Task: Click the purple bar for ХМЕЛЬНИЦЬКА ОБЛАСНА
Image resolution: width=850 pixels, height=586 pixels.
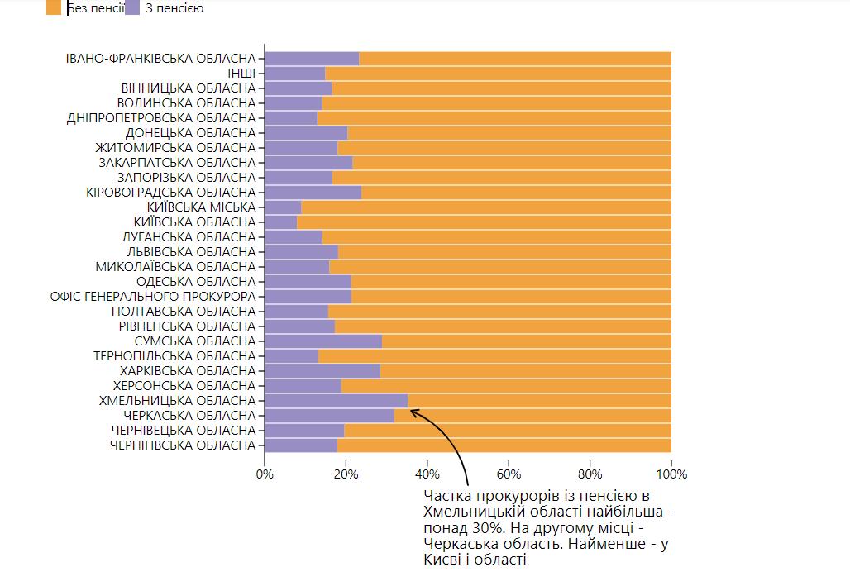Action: coord(336,401)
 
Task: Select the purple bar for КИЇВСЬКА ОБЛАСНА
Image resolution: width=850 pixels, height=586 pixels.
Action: coord(280,222)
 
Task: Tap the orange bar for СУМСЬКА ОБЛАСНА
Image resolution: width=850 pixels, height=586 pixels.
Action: coord(526,341)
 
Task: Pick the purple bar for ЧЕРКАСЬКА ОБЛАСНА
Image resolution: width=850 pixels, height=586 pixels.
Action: coord(329,416)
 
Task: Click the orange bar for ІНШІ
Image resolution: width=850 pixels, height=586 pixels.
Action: coord(498,74)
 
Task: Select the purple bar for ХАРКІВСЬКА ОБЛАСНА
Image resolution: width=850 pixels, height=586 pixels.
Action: coord(322,371)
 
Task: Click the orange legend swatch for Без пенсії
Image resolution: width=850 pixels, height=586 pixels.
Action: coord(54,7)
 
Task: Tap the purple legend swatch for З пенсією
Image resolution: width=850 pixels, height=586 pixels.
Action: coord(132,7)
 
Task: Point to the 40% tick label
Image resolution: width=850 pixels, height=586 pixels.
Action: coord(427,474)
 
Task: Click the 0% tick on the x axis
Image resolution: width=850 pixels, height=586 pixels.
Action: coord(265,474)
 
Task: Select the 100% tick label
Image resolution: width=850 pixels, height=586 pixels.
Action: coord(671,474)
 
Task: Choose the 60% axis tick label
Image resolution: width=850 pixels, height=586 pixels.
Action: coord(508,474)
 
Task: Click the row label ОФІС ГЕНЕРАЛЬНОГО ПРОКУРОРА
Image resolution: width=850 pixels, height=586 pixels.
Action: coord(153,297)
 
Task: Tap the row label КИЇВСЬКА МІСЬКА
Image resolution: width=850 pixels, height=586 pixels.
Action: coord(202,207)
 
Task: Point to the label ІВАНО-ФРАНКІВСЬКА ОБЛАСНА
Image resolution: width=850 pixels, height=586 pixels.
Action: coord(161,59)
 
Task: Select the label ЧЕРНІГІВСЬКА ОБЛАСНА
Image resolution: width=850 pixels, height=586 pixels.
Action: coord(183,445)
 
